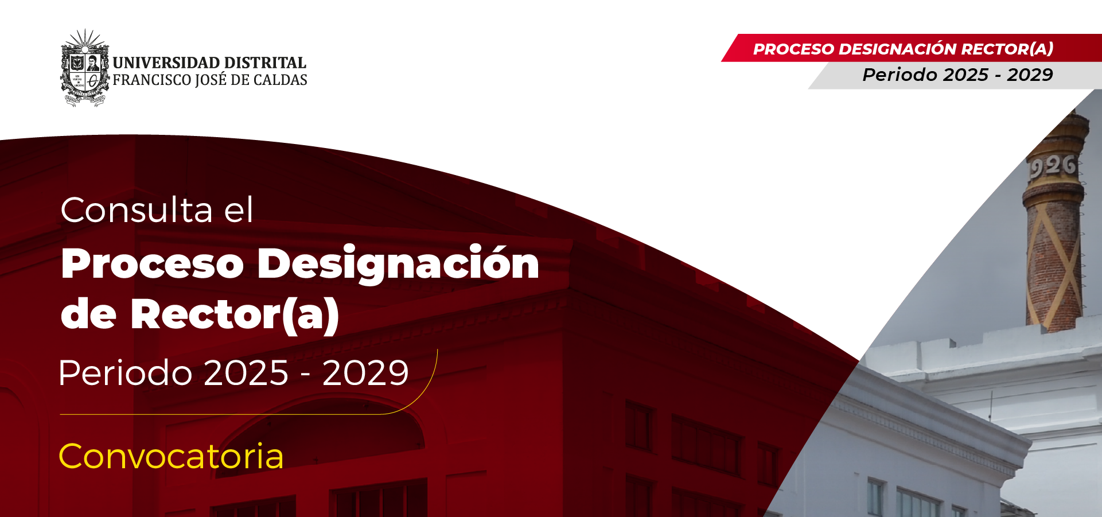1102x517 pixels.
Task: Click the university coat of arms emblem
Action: pyautogui.click(x=85, y=69)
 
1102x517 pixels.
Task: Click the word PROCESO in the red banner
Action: pyautogui.click(x=793, y=49)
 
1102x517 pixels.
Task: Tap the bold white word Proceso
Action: pyautogui.click(x=153, y=264)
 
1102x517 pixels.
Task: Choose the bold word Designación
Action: pyautogui.click(x=398, y=264)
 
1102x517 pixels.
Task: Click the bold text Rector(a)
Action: pyautogui.click(x=235, y=314)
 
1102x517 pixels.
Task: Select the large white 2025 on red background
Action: pyautogui.click(x=246, y=373)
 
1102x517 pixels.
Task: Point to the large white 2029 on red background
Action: pyautogui.click(x=365, y=373)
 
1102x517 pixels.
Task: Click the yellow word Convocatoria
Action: pyautogui.click(x=171, y=457)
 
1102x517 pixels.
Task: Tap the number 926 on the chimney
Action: pyautogui.click(x=1053, y=166)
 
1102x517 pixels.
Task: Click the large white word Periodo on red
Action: pyautogui.click(x=125, y=373)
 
